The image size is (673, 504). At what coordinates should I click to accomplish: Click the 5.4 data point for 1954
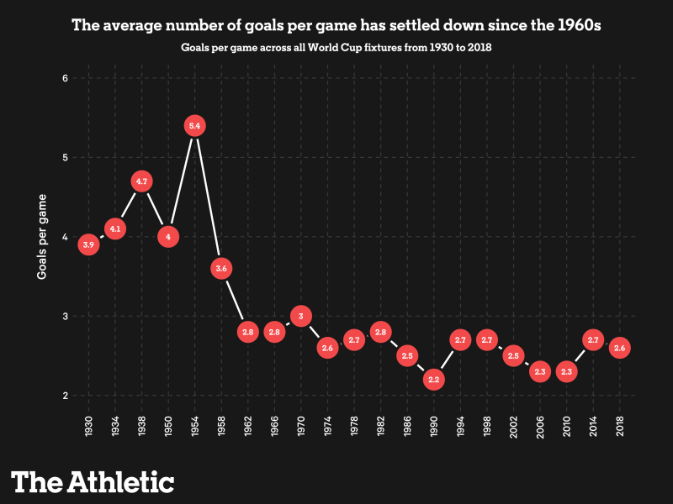[194, 126]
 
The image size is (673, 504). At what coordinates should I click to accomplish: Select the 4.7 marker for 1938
[141, 181]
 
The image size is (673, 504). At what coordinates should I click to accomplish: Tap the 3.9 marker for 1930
[88, 244]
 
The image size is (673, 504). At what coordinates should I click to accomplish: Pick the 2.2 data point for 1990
[434, 380]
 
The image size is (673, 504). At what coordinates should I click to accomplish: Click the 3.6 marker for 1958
[221, 269]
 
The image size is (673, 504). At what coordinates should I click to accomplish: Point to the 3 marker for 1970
[301, 316]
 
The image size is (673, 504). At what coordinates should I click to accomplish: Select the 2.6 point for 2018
[620, 348]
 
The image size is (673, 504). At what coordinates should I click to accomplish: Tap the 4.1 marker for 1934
[115, 228]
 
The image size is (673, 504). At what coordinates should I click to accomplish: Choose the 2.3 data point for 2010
[566, 371]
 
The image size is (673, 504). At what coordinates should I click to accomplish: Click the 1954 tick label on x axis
[195, 426]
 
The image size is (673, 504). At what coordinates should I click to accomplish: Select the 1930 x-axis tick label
[89, 426]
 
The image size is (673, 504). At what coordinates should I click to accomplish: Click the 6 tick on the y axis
[65, 78]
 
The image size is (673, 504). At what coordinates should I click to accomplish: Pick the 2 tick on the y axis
[65, 396]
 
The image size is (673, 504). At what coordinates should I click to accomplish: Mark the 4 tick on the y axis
[65, 237]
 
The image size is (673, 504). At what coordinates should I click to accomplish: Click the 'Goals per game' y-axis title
[41, 237]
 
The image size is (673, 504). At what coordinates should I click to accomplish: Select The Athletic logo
[93, 481]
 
